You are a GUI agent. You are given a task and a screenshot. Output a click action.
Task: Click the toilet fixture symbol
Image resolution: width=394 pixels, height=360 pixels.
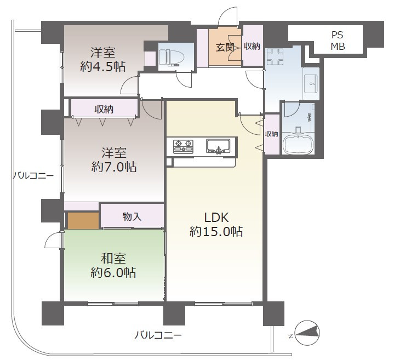point(170,58)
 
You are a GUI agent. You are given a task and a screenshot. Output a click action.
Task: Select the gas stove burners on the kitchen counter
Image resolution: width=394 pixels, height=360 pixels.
point(183,146)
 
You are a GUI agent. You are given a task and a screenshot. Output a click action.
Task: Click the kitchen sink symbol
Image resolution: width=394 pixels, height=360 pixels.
point(218,146)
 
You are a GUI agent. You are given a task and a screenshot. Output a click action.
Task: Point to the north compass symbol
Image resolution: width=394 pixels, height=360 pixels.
point(307,333)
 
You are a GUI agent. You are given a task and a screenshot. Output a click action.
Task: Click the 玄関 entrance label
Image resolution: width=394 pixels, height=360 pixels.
point(225,47)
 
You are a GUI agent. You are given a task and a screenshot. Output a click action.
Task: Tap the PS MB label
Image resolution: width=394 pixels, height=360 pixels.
point(338,41)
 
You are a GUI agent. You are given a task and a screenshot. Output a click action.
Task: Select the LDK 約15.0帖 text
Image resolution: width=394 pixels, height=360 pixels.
point(216,225)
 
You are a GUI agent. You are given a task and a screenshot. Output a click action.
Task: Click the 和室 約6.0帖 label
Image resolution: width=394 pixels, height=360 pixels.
point(113,265)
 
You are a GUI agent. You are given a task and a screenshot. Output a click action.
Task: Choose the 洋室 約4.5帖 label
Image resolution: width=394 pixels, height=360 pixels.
point(103,60)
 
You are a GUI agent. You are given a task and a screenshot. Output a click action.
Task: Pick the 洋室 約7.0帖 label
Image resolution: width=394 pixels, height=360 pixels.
point(114,160)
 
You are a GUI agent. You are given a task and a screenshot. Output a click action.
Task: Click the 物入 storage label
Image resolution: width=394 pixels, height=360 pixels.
point(132,216)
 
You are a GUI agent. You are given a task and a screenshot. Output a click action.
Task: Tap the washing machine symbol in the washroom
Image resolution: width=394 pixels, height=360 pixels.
point(275,57)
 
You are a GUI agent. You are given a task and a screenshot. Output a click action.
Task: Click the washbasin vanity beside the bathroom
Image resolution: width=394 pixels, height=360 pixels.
point(311,84)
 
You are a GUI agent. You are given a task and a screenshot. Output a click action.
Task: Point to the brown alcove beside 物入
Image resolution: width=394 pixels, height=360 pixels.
point(83,221)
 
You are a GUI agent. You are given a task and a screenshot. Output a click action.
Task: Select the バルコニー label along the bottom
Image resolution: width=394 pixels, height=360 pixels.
point(158,335)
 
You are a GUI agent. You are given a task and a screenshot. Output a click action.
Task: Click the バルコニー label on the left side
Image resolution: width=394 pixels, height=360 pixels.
point(33,175)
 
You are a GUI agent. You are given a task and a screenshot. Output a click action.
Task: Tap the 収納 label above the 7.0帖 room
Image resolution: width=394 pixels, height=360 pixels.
point(104,109)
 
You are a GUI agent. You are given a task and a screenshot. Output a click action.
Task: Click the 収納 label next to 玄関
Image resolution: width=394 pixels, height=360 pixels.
point(252,46)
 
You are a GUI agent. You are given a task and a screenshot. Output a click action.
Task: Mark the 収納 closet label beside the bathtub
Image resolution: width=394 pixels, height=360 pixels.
point(272,134)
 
